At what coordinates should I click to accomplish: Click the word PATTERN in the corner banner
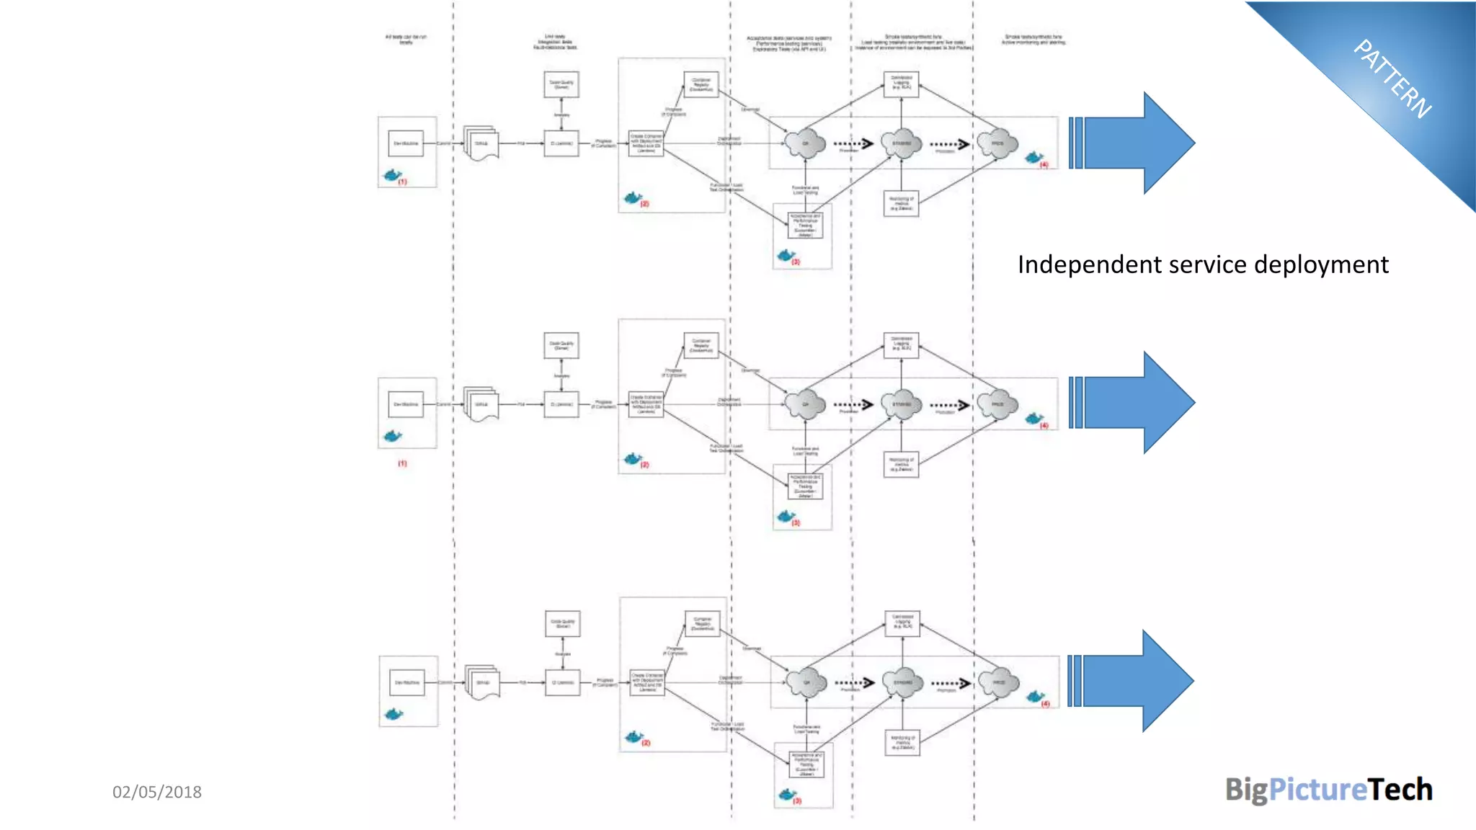(1392, 79)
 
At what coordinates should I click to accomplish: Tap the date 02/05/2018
(157, 792)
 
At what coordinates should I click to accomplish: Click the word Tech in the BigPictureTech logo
(1400, 790)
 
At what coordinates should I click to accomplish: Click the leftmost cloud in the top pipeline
(805, 143)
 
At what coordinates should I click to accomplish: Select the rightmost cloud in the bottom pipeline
(999, 682)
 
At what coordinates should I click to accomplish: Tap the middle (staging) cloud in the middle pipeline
(902, 404)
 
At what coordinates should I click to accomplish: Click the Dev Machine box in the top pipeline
(406, 143)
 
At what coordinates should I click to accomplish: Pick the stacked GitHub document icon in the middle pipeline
(481, 404)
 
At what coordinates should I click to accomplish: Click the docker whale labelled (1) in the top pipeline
(392, 175)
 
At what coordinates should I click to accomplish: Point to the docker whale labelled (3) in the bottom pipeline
(787, 794)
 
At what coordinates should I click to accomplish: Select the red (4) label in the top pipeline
(1044, 165)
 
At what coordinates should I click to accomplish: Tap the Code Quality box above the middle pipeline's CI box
(561, 345)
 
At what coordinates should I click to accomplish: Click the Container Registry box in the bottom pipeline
(703, 623)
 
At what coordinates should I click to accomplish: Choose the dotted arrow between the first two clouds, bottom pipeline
(855, 682)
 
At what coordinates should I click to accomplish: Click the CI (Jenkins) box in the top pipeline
(561, 143)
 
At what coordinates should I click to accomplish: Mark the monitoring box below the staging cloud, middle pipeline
(902, 464)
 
